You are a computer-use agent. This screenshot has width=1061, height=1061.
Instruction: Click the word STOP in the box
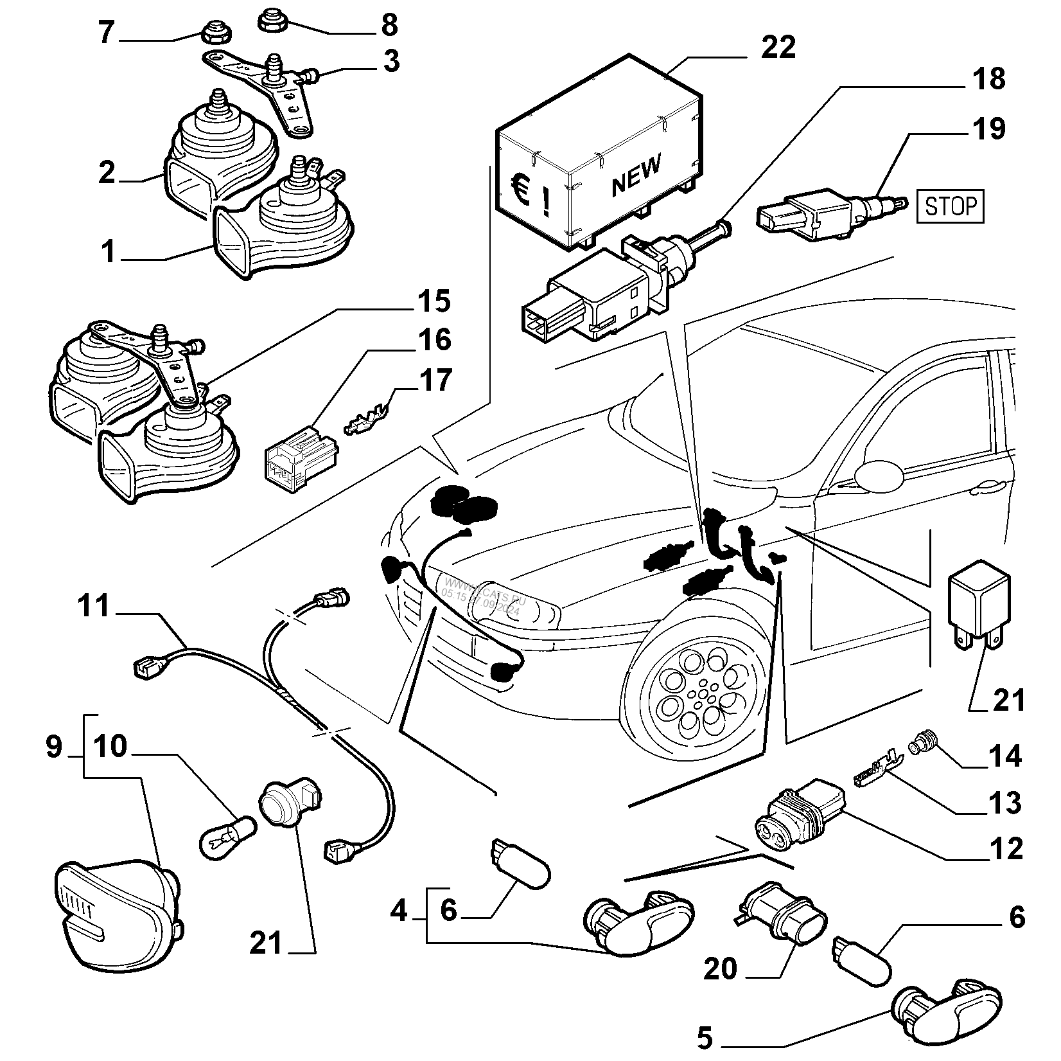click(x=949, y=206)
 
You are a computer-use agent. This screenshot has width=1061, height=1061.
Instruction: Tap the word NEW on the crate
click(x=635, y=175)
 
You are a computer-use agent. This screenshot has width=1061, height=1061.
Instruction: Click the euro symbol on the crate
click(x=519, y=190)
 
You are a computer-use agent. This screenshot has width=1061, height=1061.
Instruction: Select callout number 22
click(x=778, y=47)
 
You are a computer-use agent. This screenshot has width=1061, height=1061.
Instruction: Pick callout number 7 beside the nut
click(x=107, y=33)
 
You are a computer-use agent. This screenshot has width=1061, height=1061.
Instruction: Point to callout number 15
click(x=434, y=301)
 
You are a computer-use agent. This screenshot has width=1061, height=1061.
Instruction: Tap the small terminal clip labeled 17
click(x=367, y=420)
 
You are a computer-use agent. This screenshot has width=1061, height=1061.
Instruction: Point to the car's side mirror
click(x=879, y=474)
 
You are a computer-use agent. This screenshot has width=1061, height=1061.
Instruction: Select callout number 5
click(x=705, y=1037)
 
